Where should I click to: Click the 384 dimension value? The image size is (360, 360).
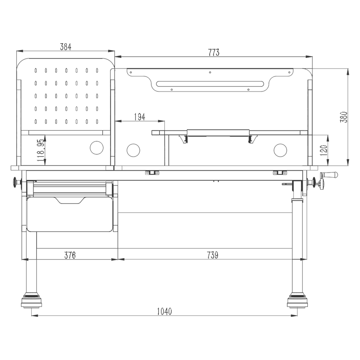[x=66, y=47]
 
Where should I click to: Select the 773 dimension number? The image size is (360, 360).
[x=214, y=52]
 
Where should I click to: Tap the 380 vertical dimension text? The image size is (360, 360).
[x=344, y=117]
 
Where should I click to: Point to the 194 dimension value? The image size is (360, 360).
[x=140, y=117]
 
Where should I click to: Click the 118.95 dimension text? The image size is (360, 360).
[x=41, y=150]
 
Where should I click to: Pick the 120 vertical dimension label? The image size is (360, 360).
[x=323, y=150]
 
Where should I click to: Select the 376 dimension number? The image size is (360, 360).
[x=70, y=255]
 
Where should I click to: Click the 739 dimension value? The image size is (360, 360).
[x=212, y=255]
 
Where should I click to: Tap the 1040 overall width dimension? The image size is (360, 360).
[x=165, y=311]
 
